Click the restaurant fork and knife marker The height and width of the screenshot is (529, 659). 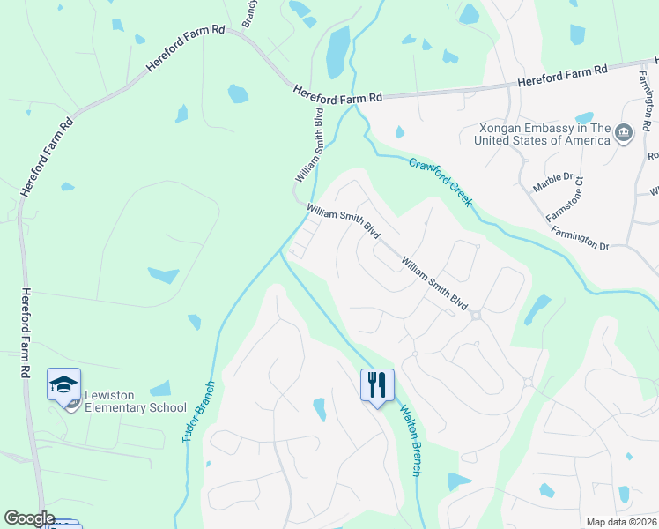[376, 384]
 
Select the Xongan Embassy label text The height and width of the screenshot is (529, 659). [543, 134]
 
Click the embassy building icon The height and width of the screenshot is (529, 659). [624, 133]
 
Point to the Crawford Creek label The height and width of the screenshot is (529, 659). [441, 181]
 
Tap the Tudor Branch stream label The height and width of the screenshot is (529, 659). [198, 412]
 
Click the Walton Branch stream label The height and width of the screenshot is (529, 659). [411, 439]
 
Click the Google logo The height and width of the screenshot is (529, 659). [29, 518]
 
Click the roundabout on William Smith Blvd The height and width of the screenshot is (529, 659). [476, 315]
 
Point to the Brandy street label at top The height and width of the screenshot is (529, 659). [249, 12]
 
